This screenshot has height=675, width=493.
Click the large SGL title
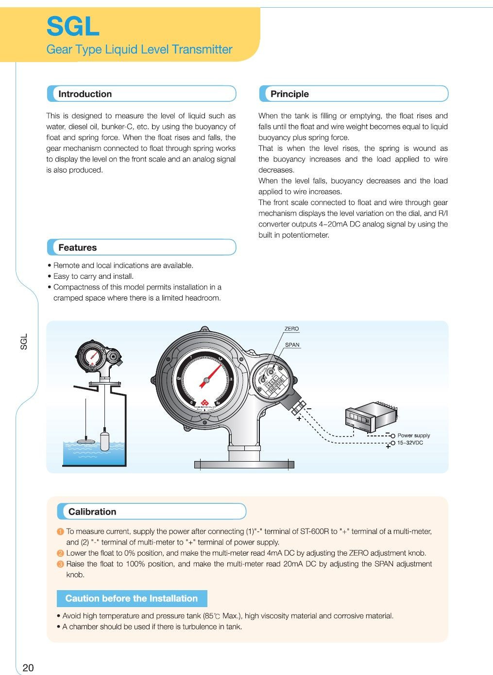(x=73, y=27)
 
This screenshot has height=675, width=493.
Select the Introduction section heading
(x=85, y=94)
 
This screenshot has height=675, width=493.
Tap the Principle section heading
(x=289, y=94)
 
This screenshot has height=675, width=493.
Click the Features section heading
(x=78, y=248)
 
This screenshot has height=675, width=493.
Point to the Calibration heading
(x=92, y=512)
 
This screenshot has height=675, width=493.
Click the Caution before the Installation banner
(x=132, y=598)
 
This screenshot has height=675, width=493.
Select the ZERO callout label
(x=291, y=329)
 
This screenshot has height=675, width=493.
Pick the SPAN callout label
(x=292, y=345)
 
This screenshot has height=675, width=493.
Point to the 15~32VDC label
(x=410, y=443)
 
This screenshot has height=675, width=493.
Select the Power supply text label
(x=413, y=435)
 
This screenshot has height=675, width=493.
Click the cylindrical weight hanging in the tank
(x=105, y=440)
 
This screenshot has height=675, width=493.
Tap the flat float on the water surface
(x=86, y=441)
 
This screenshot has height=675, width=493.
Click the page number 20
(x=28, y=668)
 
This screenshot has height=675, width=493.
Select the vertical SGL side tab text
(x=24, y=341)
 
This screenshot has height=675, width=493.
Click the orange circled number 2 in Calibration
(x=60, y=553)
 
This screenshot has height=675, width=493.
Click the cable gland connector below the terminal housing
(x=297, y=407)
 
